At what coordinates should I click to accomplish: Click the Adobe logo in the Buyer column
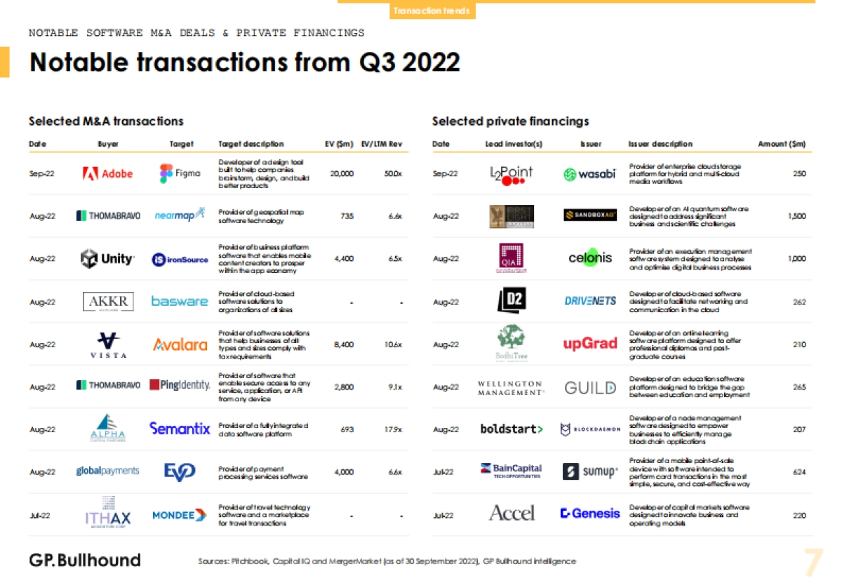[x=107, y=173]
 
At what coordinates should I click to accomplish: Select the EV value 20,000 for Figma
[x=342, y=173]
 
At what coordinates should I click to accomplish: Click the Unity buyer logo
[x=107, y=259]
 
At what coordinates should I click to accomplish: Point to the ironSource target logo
[x=180, y=259]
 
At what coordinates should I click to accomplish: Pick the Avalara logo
[x=180, y=344]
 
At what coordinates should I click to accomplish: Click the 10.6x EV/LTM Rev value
[x=394, y=344]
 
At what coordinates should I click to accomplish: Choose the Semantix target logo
[x=180, y=428]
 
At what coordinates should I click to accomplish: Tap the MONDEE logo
[x=180, y=515]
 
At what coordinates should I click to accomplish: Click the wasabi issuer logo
[x=589, y=174]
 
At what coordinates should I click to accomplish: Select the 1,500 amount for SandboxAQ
[x=796, y=216]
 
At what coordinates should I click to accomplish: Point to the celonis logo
[x=590, y=258]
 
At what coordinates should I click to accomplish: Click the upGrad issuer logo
[x=590, y=344]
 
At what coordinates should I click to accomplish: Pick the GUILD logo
[x=590, y=387]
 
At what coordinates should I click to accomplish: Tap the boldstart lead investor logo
[x=512, y=429]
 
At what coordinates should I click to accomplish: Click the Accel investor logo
[x=512, y=514]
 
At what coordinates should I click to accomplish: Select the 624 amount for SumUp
[x=799, y=472]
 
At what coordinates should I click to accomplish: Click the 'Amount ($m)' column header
[x=782, y=144]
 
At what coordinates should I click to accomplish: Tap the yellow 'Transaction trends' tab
[x=432, y=11]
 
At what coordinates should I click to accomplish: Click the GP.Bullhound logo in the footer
[x=85, y=560]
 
